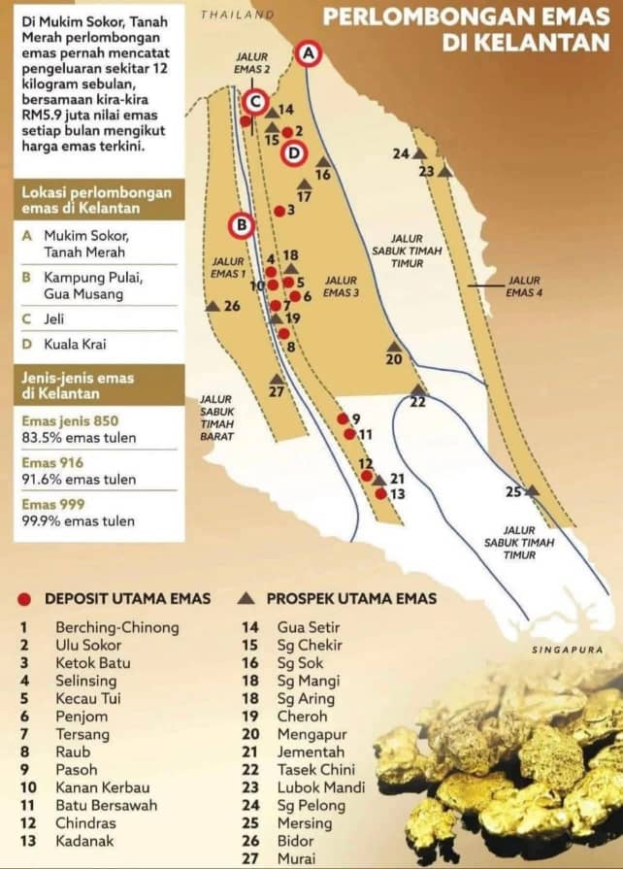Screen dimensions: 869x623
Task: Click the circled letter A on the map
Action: coord(309,54)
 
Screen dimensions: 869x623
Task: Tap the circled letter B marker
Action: coord(241,225)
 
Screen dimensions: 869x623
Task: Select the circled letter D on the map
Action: coord(295,152)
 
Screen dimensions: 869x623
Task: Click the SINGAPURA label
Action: coord(568,650)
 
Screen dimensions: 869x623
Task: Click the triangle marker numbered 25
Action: coord(532,491)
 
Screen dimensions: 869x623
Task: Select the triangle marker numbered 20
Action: coord(394,347)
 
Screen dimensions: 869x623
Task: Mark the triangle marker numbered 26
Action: coord(212,306)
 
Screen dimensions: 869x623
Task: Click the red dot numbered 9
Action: coord(343,418)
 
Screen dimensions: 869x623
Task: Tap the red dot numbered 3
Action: coord(279,211)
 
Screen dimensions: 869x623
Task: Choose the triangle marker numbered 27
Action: coord(277,379)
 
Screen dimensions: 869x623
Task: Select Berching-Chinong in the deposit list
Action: coord(117,627)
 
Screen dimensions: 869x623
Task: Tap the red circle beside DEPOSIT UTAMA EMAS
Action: coord(24,599)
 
